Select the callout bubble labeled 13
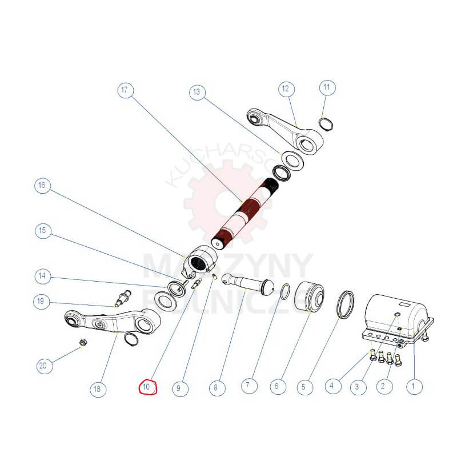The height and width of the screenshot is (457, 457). click(197, 91)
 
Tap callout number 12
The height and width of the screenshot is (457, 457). click(286, 89)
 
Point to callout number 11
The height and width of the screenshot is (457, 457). click(327, 88)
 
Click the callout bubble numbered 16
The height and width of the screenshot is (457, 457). click(42, 186)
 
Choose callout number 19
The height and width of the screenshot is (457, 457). click(42, 301)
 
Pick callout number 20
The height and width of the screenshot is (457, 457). click(42, 366)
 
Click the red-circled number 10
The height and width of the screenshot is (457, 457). click(147, 387)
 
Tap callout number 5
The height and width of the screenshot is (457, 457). click(304, 387)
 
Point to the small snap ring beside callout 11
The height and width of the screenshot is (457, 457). click(326, 124)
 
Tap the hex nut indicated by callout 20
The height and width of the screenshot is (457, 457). click(83, 343)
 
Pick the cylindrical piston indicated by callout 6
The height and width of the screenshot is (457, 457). click(309, 298)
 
